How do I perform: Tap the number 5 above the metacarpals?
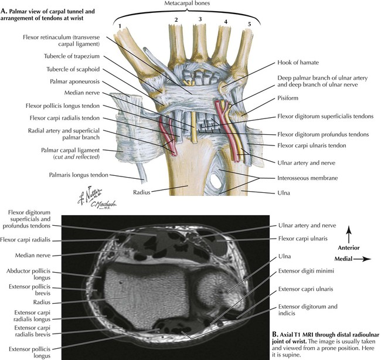250,25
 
